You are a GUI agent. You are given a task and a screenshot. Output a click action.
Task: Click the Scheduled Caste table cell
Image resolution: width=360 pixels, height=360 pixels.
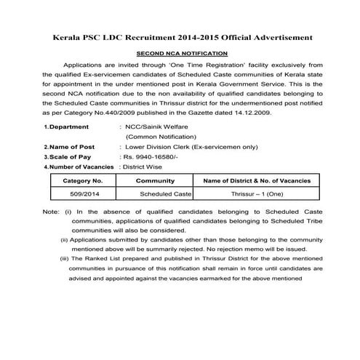tap(165, 194)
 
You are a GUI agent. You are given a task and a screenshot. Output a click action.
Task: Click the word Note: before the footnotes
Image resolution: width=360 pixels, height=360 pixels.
tap(51, 212)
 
